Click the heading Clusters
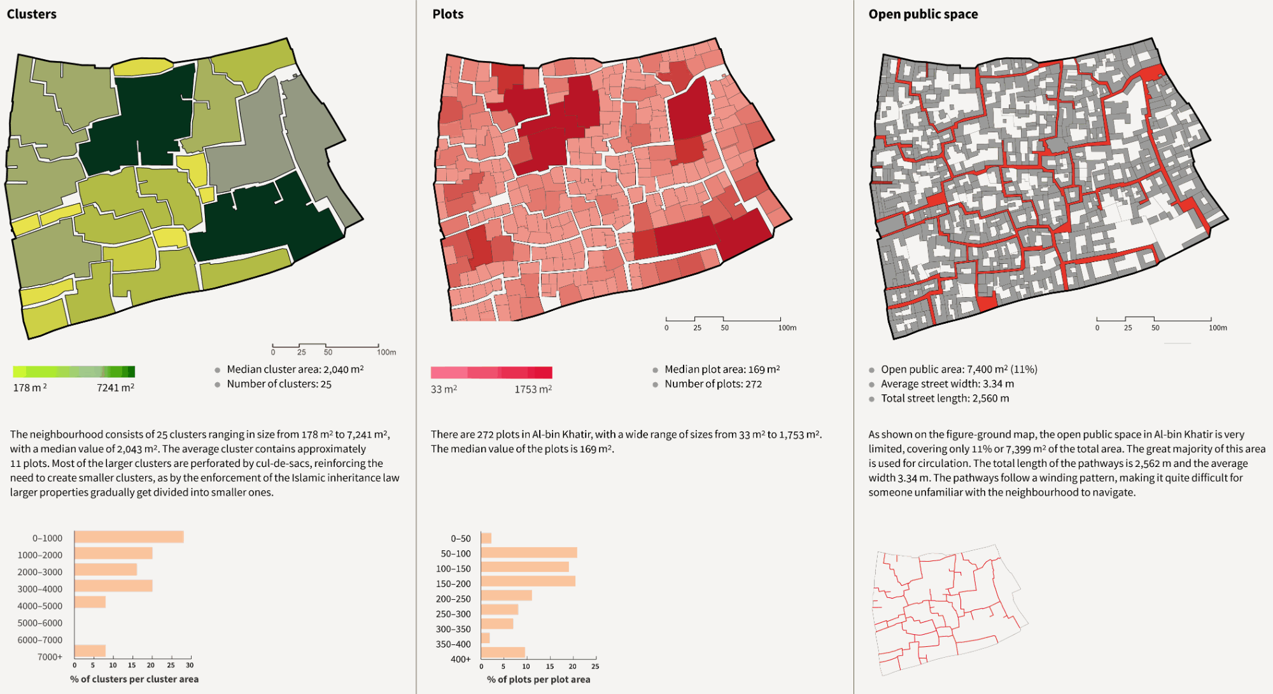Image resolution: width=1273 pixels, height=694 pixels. [x=32, y=14]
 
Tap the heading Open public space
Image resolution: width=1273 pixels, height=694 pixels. [x=923, y=14]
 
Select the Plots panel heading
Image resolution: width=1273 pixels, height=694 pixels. [x=448, y=14]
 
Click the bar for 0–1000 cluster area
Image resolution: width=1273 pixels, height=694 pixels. [x=129, y=537]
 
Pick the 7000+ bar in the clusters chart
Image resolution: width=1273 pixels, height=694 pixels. [x=90, y=651]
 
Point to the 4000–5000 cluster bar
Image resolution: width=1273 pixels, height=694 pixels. [x=90, y=602]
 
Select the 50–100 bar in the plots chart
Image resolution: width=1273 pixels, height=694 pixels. [x=529, y=553]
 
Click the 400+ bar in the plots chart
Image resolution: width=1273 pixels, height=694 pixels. [x=503, y=652]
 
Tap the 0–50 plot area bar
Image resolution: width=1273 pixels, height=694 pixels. [x=486, y=538]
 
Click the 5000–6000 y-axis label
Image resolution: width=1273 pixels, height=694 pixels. [x=40, y=623]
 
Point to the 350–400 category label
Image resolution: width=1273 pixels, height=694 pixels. [x=453, y=644]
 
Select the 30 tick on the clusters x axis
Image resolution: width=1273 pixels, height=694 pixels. [x=190, y=665]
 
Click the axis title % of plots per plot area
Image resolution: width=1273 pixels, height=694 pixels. [x=538, y=679]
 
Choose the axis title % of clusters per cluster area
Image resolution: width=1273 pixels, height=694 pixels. [x=134, y=679]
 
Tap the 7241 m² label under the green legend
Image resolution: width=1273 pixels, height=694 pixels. [x=115, y=387]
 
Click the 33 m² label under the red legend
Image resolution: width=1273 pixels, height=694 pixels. [x=444, y=389]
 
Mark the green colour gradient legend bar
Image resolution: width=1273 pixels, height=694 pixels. [x=74, y=371]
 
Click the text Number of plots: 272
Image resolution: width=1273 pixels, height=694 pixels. [x=713, y=384]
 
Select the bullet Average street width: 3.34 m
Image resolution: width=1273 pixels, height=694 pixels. [x=947, y=384]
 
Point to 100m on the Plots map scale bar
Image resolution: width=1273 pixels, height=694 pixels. [x=787, y=328]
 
